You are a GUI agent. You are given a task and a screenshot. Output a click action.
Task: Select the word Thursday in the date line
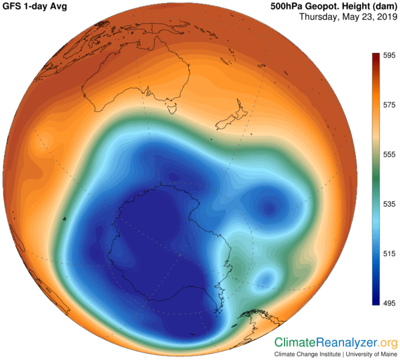(320, 17)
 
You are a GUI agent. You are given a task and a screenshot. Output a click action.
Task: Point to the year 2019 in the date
(384, 17)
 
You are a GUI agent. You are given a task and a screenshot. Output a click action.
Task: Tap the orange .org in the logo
(387, 343)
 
